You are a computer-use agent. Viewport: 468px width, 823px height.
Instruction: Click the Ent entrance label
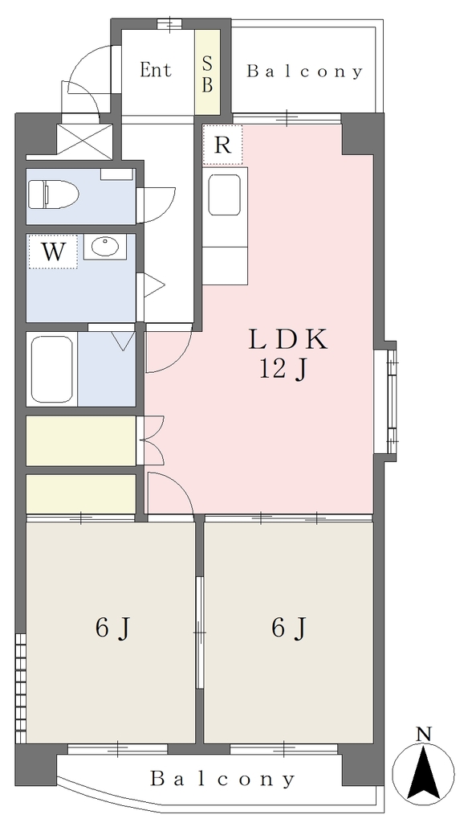click(x=156, y=71)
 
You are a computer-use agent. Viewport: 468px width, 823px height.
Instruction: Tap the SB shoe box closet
click(x=207, y=72)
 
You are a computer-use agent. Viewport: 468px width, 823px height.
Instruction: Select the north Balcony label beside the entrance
click(x=304, y=72)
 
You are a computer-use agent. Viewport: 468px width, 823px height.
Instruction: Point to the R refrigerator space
click(x=222, y=145)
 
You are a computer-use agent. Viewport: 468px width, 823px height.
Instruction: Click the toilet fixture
click(x=53, y=194)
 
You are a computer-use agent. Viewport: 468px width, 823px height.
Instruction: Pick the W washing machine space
click(x=53, y=252)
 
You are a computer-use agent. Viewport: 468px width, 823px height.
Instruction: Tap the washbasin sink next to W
click(x=105, y=247)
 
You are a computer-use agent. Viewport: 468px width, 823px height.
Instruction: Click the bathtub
click(x=52, y=369)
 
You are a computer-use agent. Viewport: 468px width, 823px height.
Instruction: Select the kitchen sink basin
click(x=225, y=194)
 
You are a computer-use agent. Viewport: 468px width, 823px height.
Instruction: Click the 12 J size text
click(x=282, y=371)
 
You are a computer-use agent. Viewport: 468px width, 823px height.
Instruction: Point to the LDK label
click(x=287, y=340)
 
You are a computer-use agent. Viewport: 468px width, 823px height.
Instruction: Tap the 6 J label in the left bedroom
click(x=112, y=628)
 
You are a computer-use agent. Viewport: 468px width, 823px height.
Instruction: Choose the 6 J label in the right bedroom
click(x=289, y=628)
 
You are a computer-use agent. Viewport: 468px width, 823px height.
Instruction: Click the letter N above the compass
click(x=423, y=734)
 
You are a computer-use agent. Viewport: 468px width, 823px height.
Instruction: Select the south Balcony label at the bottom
click(x=222, y=779)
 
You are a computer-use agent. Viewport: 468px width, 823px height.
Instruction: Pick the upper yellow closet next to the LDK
click(x=81, y=440)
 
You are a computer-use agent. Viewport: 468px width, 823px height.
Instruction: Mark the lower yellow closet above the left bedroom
click(x=81, y=494)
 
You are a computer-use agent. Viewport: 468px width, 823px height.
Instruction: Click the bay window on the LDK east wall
click(x=386, y=401)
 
